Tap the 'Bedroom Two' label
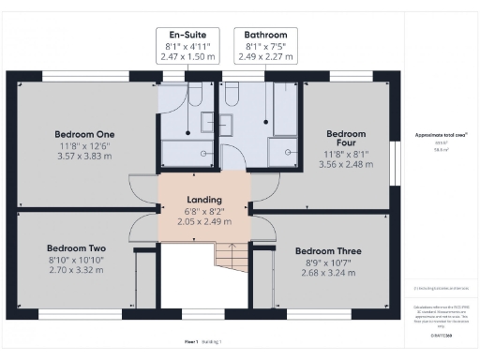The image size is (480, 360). [x=74, y=247]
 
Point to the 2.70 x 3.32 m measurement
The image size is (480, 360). [x=74, y=270]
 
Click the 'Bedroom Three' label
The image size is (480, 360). [x=328, y=251]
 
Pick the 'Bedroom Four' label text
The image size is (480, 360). [x=346, y=140]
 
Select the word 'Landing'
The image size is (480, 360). [x=204, y=200]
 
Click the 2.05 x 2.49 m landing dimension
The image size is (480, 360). [x=204, y=221]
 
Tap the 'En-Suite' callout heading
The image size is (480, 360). [x=182, y=35]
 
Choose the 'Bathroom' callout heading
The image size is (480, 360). [x=265, y=35]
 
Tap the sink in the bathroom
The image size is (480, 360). [x=281, y=153]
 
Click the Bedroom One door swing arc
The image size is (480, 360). [x=141, y=190]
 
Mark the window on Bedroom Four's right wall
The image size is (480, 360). [x=393, y=154]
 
